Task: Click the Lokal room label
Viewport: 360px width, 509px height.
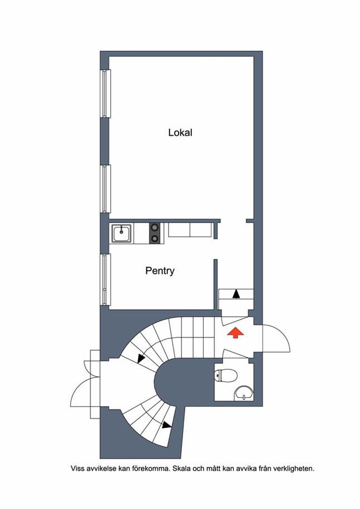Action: [x=180, y=132]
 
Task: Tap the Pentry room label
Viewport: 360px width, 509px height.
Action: [x=160, y=271]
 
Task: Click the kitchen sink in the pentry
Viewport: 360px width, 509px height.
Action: [x=122, y=233]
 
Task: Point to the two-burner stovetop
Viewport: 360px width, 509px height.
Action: [x=155, y=233]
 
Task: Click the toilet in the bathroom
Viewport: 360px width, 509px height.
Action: [x=226, y=376]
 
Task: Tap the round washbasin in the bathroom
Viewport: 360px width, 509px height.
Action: [x=244, y=393]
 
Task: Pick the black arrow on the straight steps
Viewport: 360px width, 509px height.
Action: [x=236, y=294]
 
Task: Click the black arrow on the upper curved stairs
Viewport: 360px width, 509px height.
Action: [x=141, y=358]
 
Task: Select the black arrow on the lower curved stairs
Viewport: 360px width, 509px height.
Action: [x=167, y=424]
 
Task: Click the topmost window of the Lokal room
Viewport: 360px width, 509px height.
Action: [x=105, y=93]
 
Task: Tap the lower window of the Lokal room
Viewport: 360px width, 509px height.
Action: [x=105, y=189]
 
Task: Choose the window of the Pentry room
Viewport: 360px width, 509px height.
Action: [x=105, y=280]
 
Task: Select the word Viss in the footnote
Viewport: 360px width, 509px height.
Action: [x=77, y=468]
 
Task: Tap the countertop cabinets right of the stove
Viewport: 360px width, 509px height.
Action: [x=190, y=230]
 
